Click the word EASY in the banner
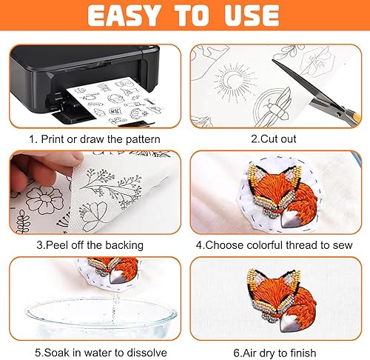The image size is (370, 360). tap(124, 15)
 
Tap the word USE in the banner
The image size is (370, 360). tap(252, 15)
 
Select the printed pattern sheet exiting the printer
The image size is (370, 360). tap(113, 101)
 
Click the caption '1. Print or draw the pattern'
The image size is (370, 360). tap(95, 139)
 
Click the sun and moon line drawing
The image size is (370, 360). tap(233, 83)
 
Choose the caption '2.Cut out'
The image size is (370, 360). tap(274, 139)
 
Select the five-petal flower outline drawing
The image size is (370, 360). tap(44, 199)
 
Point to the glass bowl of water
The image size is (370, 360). tap(101, 319)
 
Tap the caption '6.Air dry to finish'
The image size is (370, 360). tap(275, 353)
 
